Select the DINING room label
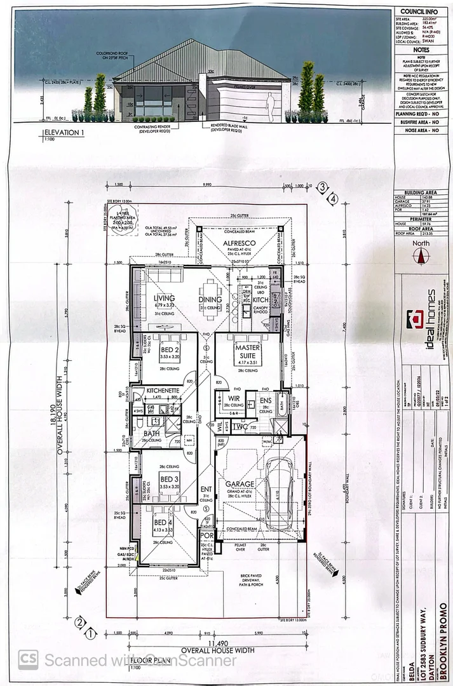[x=210, y=299]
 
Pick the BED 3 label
[x=168, y=479]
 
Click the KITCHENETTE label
[x=165, y=390]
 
